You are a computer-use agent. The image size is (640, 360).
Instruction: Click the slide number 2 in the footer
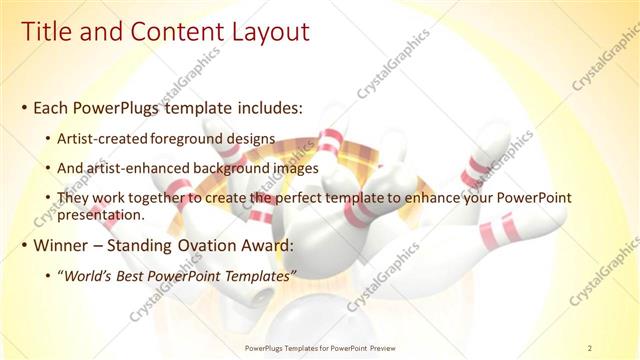click(x=590, y=348)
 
